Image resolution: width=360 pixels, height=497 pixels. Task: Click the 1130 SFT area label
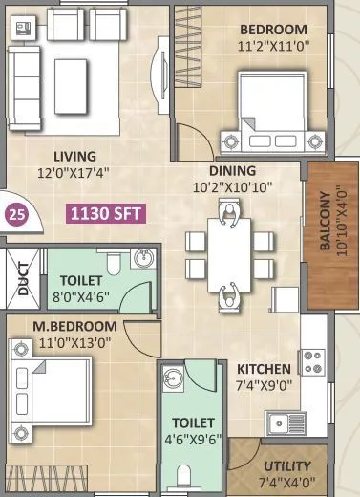[105, 212]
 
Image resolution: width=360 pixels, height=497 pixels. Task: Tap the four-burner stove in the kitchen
[314, 361]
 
